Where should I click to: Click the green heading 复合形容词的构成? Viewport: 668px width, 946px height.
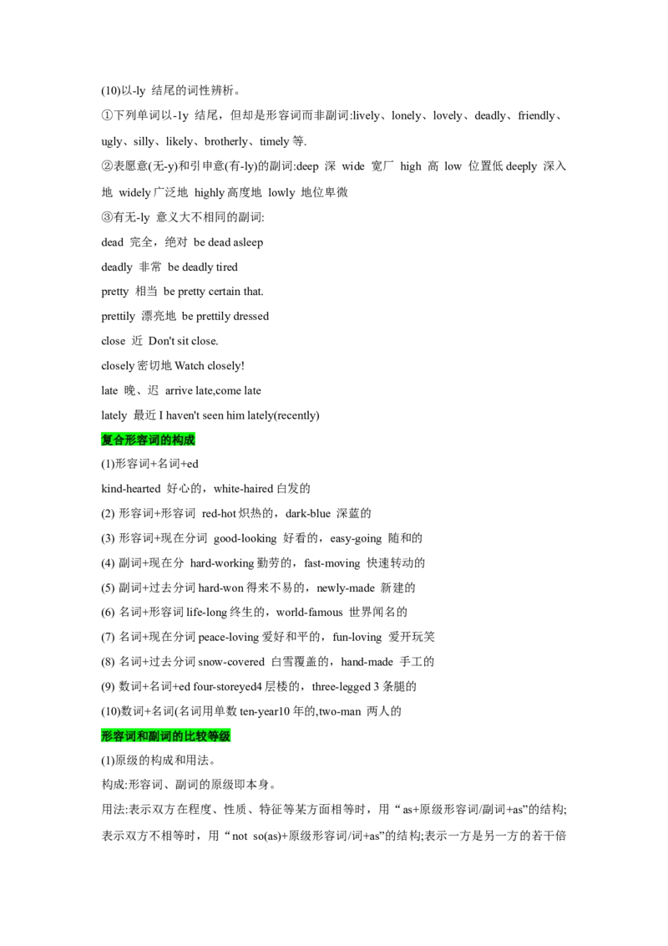click(148, 440)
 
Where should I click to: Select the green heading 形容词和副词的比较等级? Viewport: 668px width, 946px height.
click(166, 736)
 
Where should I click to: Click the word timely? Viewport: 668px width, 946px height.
click(275, 142)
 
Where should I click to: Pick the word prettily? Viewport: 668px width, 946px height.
click(119, 317)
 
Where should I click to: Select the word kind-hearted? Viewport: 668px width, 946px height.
click(131, 489)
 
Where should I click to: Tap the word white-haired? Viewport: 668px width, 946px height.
click(244, 489)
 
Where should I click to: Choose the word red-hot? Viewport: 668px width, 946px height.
click(219, 514)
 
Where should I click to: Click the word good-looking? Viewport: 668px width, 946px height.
click(245, 539)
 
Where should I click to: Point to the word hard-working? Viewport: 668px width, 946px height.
click(222, 563)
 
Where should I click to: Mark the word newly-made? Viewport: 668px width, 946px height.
click(346, 588)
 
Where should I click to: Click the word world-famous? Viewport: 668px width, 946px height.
click(309, 613)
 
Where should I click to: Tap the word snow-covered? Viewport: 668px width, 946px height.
click(231, 663)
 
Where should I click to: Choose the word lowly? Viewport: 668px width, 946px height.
click(281, 193)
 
